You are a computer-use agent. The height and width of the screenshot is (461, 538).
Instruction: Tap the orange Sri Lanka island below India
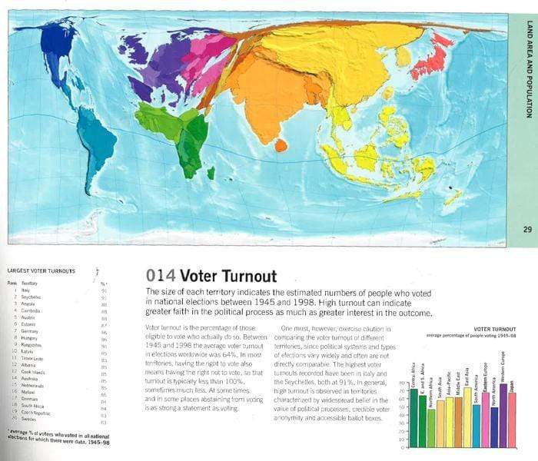pyautogui.click(x=281, y=144)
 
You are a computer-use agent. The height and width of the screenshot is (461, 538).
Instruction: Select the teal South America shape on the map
pyautogui.click(x=97, y=145)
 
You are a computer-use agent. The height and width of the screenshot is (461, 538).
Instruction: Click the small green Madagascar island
pyautogui.click(x=210, y=174)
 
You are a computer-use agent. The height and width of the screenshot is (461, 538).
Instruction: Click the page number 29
pyautogui.click(x=527, y=228)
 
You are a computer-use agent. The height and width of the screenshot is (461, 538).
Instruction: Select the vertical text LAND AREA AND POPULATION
pyautogui.click(x=528, y=69)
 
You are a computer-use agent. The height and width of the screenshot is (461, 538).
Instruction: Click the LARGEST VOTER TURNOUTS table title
pyautogui.click(x=41, y=271)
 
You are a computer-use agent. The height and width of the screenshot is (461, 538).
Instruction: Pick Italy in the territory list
pyautogui.click(x=25, y=290)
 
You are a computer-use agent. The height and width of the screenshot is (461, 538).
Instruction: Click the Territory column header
pyautogui.click(x=30, y=284)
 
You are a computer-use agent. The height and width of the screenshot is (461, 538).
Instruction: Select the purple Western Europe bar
pyautogui.click(x=503, y=415)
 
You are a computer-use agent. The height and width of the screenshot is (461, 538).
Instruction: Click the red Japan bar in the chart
pyautogui.click(x=512, y=420)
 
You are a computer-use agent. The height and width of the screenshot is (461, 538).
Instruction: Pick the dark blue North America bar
pyautogui.click(x=494, y=426)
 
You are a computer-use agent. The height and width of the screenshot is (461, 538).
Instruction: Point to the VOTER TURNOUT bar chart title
pyautogui.click(x=494, y=329)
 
